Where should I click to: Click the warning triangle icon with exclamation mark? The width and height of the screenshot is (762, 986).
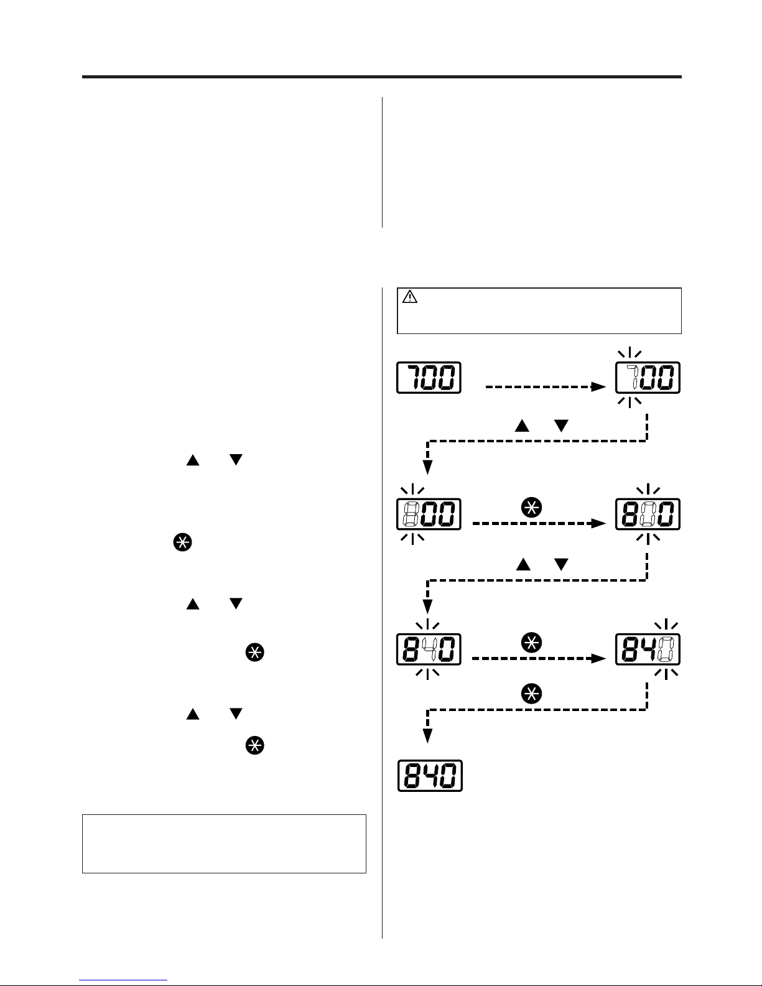pyautogui.click(x=409, y=297)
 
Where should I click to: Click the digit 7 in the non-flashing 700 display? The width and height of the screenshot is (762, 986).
pyautogui.click(x=416, y=377)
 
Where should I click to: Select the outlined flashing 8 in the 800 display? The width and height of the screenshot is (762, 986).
pyautogui.click(x=411, y=514)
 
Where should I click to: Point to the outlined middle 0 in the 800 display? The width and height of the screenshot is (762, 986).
pyautogui.click(x=648, y=514)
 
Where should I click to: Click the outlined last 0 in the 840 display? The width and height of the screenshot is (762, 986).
pyautogui.click(x=666, y=649)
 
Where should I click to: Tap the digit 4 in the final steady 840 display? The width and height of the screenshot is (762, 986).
pyautogui.click(x=430, y=776)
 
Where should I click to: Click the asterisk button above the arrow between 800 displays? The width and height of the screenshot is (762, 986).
pyautogui.click(x=532, y=507)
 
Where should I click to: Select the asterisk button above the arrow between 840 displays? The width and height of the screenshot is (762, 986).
pyautogui.click(x=532, y=643)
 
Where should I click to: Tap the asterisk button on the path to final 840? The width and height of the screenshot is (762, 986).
pyautogui.click(x=532, y=694)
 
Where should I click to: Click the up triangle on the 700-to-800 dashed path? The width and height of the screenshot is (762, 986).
pyautogui.click(x=522, y=426)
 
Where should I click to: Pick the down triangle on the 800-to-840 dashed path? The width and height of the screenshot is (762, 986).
pyautogui.click(x=562, y=564)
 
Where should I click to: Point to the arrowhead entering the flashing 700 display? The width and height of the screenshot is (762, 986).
pyautogui.click(x=598, y=387)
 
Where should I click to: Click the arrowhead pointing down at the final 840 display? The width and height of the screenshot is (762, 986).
pyautogui.click(x=427, y=735)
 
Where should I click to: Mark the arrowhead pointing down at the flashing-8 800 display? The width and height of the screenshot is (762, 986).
pyautogui.click(x=427, y=467)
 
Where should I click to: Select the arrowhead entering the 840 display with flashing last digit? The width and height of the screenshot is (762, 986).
pyautogui.click(x=598, y=658)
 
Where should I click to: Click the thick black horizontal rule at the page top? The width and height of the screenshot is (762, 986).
pyautogui.click(x=381, y=77)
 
